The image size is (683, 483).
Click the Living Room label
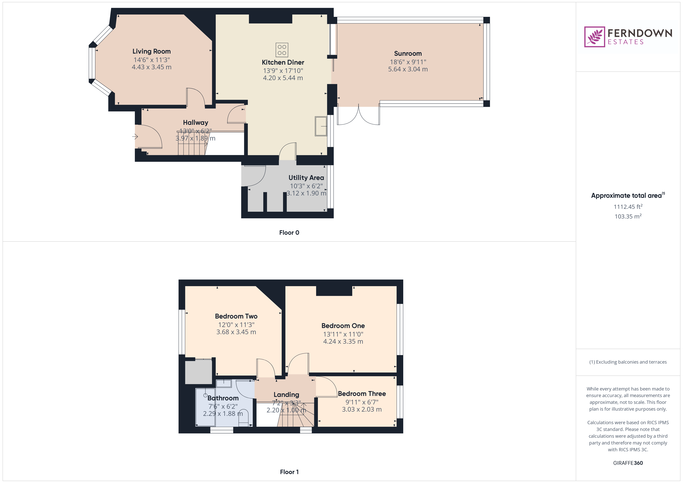click(151, 51)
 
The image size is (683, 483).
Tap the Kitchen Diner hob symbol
click(282, 50)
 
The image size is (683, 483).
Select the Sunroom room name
click(408, 54)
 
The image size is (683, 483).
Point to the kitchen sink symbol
click(321, 126)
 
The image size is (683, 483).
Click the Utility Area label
click(306, 178)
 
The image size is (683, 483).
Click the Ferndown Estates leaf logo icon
click(594, 37)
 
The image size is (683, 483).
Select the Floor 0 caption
click(289, 233)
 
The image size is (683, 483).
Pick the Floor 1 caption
click(289, 472)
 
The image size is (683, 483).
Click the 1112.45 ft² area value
click(628, 206)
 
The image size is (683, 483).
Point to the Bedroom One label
click(343, 326)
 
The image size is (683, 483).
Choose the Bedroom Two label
click(236, 316)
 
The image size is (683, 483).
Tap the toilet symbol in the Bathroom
click(243, 420)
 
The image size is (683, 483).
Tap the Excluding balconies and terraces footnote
click(628, 362)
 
